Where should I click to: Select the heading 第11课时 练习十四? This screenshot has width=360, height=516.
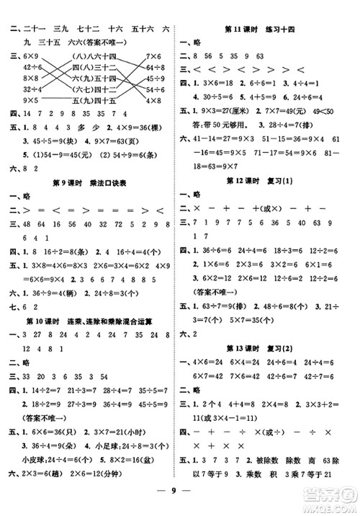tap(266, 29)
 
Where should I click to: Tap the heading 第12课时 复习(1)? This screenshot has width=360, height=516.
tap(266, 179)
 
